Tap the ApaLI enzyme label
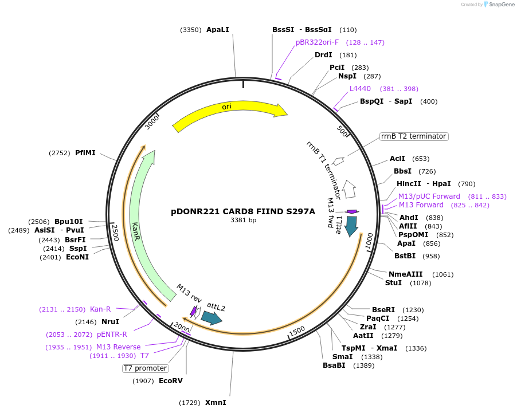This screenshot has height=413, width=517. point(217,30)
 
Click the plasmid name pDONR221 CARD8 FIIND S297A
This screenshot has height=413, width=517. point(243,211)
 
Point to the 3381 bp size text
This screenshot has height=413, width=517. point(243,220)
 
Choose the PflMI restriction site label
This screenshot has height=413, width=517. point(85,153)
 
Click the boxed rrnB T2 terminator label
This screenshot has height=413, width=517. point(413,136)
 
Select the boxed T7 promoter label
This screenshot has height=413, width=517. point(145,368)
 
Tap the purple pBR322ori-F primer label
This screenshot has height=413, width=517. point(317,42)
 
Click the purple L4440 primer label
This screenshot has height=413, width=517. point(360,89)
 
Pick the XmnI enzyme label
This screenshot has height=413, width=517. point(216,403)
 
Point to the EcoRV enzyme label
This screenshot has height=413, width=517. point(170,380)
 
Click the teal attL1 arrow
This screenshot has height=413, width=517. point(351,226)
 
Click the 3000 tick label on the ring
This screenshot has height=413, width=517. point(152,121)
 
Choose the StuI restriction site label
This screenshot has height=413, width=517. point(393,283)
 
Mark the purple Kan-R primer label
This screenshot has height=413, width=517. point(100,309)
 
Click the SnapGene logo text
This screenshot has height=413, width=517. point(500,5)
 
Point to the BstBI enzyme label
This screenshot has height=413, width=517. point(405,256)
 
